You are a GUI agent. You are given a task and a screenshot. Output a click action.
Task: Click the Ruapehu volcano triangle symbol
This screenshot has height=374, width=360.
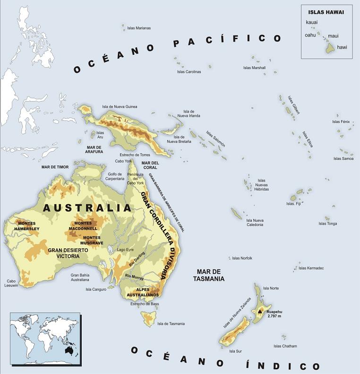pyautogui.click(x=260, y=312)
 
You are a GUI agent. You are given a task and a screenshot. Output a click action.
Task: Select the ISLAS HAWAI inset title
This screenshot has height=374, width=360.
pyautogui.click(x=326, y=12)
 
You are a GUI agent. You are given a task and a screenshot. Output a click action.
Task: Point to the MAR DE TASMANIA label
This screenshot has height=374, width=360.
pyautogui.click(x=208, y=275)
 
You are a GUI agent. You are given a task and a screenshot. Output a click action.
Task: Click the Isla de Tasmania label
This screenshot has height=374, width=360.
pyautogui.click(x=171, y=324)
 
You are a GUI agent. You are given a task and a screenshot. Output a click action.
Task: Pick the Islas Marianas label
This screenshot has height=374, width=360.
pyautogui.click(x=139, y=28)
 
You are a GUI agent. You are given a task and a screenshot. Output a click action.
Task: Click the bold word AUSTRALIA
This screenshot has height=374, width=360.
pyautogui.click(x=87, y=208)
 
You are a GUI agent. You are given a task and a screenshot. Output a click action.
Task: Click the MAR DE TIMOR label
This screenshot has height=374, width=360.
pyautogui.click(x=55, y=167)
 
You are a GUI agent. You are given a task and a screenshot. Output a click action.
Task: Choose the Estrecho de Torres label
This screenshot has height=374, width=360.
pyautogui.click(x=135, y=155)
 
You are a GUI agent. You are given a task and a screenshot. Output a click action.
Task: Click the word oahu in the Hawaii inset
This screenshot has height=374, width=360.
pyautogui.click(x=310, y=35)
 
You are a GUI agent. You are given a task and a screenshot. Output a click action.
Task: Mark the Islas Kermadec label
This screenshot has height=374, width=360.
pyautogui.click(x=311, y=268)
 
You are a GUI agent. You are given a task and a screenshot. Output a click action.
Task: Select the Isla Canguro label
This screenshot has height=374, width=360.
pyautogui.click(x=96, y=289)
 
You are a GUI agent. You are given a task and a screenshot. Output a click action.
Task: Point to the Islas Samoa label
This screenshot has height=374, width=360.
pyautogui.click(x=343, y=158)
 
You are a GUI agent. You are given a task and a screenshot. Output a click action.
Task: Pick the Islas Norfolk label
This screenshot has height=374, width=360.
pyautogui.click(x=242, y=258)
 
